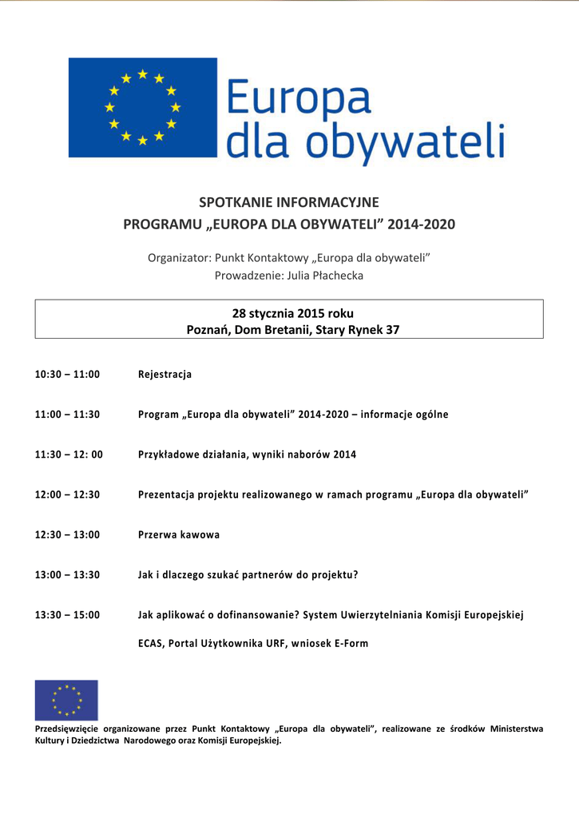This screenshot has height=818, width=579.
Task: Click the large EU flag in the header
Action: pyautogui.click(x=142, y=107)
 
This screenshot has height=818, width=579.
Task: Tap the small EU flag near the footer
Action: pyautogui.click(x=66, y=700)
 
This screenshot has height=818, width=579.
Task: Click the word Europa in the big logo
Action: pyautogui.click(x=299, y=99)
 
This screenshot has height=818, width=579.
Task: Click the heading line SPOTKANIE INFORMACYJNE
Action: pyautogui.click(x=289, y=202)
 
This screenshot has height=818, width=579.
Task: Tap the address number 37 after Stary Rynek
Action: pyautogui.click(x=392, y=329)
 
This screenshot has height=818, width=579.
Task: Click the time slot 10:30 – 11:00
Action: pyautogui.click(x=67, y=374)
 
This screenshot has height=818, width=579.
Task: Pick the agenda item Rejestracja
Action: pyautogui.click(x=165, y=374)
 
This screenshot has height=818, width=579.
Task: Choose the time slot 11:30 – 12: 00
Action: pyautogui.click(x=69, y=454)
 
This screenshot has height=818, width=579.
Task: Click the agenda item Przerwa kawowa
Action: pyautogui.click(x=179, y=534)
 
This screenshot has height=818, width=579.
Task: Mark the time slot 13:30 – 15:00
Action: pyautogui.click(x=67, y=614)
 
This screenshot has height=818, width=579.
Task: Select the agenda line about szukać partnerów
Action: pyautogui.click(x=248, y=574)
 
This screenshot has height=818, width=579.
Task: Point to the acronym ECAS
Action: pyautogui.click(x=151, y=643)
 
